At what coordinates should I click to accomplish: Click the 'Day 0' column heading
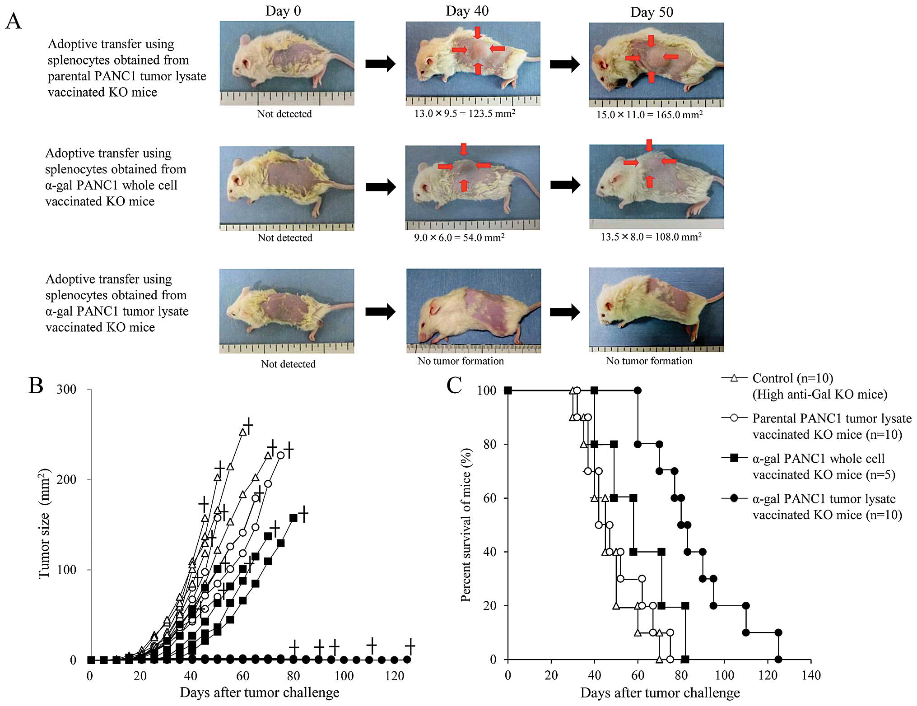283,11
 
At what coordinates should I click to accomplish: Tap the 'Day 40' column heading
467,11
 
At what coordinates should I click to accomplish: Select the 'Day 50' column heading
652,12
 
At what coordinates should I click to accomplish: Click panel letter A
14,22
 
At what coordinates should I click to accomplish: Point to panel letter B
36,386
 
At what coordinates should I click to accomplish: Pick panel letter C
454,386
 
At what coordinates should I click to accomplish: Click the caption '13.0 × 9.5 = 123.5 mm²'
465,113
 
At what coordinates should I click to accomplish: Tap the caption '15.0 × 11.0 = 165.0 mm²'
649,115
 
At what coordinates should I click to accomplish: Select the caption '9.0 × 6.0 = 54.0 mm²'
459,237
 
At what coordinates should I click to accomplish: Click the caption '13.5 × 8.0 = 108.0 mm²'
651,237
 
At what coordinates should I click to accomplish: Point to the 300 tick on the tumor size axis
66,390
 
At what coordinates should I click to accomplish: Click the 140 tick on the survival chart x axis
811,675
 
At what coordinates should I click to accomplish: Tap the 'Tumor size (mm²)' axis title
44,524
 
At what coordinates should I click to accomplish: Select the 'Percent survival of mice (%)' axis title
465,525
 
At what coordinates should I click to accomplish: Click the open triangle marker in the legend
734,378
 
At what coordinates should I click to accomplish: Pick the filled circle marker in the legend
734,498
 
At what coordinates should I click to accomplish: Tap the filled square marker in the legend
734,458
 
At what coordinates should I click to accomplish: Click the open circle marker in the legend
734,418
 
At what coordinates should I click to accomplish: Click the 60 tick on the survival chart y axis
490,498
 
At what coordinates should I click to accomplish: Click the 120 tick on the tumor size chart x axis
395,676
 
